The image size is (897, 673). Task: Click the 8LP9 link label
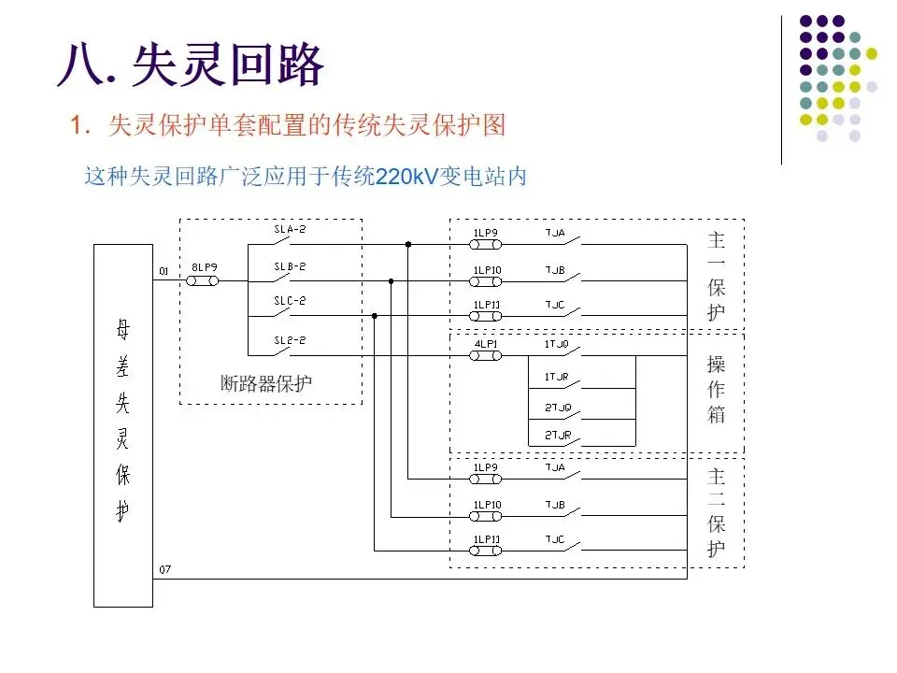click(x=205, y=266)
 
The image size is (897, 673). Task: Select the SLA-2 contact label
click(x=290, y=229)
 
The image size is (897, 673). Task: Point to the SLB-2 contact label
click(x=290, y=266)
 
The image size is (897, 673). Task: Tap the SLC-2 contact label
click(x=290, y=301)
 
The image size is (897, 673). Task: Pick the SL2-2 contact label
click(x=290, y=341)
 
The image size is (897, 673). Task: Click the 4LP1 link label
click(x=486, y=343)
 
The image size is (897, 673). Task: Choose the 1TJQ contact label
click(x=556, y=343)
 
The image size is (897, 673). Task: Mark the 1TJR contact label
click(x=556, y=377)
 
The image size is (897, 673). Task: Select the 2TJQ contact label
click(x=556, y=408)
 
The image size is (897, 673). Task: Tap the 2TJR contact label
click(x=556, y=436)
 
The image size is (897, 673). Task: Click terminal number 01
click(x=164, y=271)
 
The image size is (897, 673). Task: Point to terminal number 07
click(x=164, y=569)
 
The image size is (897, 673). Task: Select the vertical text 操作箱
click(x=716, y=389)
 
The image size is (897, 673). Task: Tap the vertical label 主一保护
click(x=716, y=277)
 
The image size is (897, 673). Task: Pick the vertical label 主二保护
click(x=716, y=512)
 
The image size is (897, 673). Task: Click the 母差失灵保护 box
click(x=122, y=424)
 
